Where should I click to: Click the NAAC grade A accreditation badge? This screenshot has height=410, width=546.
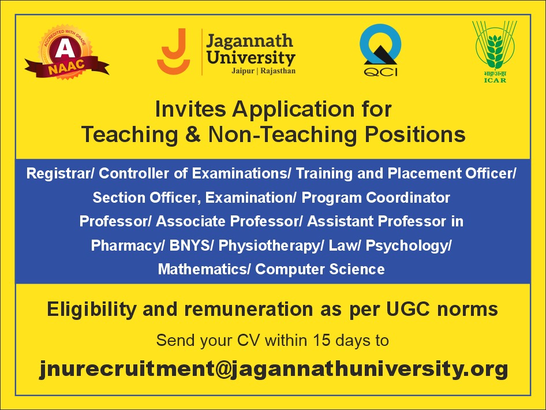coord(66,52)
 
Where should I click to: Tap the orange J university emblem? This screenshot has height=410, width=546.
coord(173,51)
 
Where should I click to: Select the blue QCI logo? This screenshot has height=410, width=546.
coord(380,50)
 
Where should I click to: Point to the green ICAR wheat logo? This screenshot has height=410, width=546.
coord(495,51)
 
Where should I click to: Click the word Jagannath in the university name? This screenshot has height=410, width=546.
coord(249,42)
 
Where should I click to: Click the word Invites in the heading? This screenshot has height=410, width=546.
coord(190,109)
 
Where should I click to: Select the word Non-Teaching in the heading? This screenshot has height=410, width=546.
coord(282,135)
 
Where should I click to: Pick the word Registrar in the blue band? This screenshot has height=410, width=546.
coord(58,173)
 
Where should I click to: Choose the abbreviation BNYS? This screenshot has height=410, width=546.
coord(189,245)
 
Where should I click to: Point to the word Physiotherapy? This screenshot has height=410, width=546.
coord(269,246)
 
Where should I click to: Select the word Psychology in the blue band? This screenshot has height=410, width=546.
coord(407,246)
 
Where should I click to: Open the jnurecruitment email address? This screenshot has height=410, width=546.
coord(274,369)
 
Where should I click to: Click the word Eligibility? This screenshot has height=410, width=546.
coord(92,310)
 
